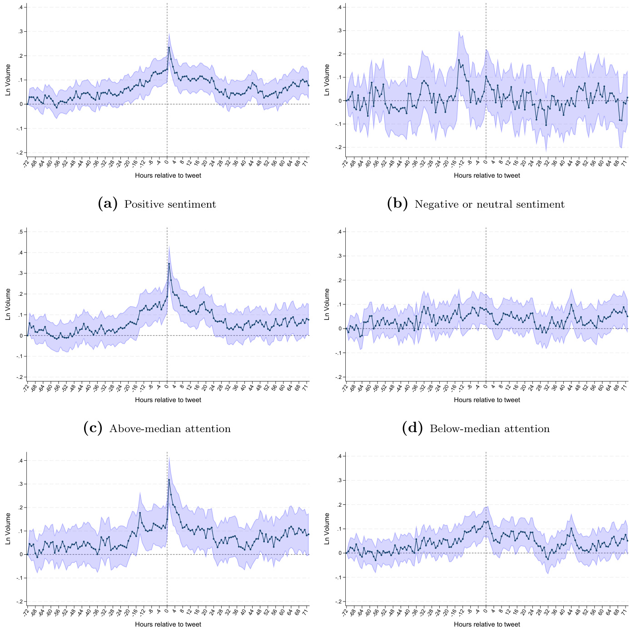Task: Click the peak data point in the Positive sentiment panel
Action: click(x=169, y=48)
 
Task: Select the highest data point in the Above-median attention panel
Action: click(x=169, y=264)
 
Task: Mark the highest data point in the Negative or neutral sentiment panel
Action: click(x=459, y=60)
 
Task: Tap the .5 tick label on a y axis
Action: click(x=21, y=232)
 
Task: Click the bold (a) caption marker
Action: click(x=108, y=204)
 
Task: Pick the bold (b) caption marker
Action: click(x=397, y=204)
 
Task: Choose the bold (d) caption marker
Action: click(x=412, y=428)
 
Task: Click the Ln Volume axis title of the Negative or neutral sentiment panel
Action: click(x=327, y=80)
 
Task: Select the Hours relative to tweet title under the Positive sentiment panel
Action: click(x=168, y=175)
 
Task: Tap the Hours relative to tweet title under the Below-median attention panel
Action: click(x=487, y=400)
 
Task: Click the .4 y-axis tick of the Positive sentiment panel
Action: click(x=21, y=8)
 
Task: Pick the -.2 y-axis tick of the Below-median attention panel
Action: click(x=338, y=377)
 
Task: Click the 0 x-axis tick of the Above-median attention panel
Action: click(x=167, y=387)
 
